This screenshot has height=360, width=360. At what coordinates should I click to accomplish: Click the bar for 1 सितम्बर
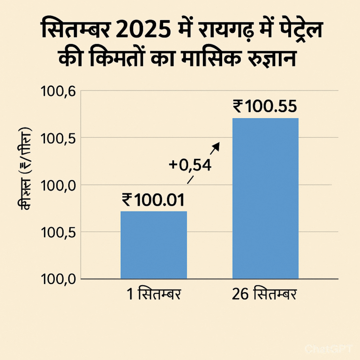click(x=154, y=245)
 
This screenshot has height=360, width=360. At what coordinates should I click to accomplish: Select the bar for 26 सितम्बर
click(x=265, y=198)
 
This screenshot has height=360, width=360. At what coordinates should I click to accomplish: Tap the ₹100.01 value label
click(x=153, y=200)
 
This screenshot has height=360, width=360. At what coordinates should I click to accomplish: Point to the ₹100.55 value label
click(x=265, y=106)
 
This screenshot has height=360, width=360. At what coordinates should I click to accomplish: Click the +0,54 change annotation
click(x=190, y=165)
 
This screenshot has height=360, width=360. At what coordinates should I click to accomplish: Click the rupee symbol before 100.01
click(x=126, y=200)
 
